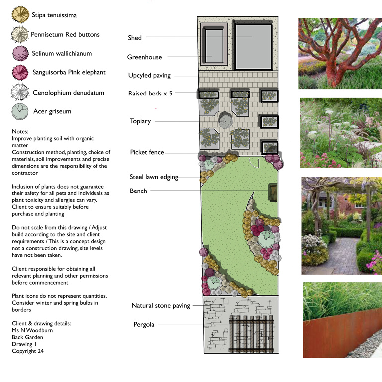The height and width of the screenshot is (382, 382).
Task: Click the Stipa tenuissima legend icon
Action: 20,15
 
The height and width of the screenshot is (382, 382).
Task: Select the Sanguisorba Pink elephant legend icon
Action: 20,73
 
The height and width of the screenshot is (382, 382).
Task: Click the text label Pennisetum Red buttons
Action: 65,35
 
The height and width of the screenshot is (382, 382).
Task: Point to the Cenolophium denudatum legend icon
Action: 20,93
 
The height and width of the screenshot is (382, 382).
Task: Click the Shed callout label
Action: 135,38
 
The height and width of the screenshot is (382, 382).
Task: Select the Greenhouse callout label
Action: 144,57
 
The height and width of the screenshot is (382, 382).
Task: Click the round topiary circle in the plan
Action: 226,120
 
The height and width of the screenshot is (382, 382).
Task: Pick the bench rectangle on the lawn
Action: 272,192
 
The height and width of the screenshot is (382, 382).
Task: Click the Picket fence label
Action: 147,152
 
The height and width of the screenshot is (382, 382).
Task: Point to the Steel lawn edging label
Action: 154,177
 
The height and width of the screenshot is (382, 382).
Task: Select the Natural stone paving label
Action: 161,306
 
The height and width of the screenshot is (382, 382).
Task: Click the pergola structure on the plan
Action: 251,333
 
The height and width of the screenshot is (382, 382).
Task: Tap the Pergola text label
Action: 144,325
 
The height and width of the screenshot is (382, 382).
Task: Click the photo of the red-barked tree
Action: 340,54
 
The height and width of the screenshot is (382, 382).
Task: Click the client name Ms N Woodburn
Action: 32,330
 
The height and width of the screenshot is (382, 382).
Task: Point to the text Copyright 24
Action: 30,351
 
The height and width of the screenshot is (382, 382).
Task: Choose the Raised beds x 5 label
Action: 150,93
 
